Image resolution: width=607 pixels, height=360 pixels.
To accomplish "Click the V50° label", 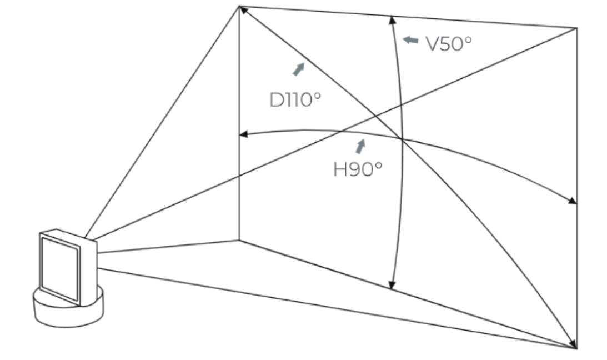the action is [x=449, y=44].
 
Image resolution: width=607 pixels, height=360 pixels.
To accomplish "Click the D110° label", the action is [x=295, y=100].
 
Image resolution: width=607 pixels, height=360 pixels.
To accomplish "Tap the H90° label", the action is [x=358, y=169].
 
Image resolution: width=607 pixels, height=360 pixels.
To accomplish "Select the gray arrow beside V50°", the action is [x=410, y=40].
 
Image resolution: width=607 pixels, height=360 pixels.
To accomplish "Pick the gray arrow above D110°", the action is [x=298, y=69].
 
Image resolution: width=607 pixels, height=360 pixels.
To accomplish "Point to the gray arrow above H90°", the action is [x=360, y=147].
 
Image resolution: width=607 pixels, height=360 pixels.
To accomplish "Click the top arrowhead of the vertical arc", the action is [x=392, y=20].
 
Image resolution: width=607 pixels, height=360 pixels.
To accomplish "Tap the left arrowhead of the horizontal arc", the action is [x=243, y=134].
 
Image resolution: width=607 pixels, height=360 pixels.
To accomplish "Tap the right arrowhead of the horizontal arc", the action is [x=573, y=201].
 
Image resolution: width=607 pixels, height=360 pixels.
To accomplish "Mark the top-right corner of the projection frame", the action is [x=577, y=28].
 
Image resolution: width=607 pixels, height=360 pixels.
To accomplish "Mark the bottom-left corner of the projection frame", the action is [x=239, y=241].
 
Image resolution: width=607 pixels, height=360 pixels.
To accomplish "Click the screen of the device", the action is [x=60, y=269].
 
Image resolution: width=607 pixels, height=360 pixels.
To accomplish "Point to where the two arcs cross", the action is [x=402, y=138].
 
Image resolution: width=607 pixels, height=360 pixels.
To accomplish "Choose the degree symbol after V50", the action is [x=468, y=39].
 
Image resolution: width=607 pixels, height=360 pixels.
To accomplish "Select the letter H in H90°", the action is [x=340, y=169].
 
